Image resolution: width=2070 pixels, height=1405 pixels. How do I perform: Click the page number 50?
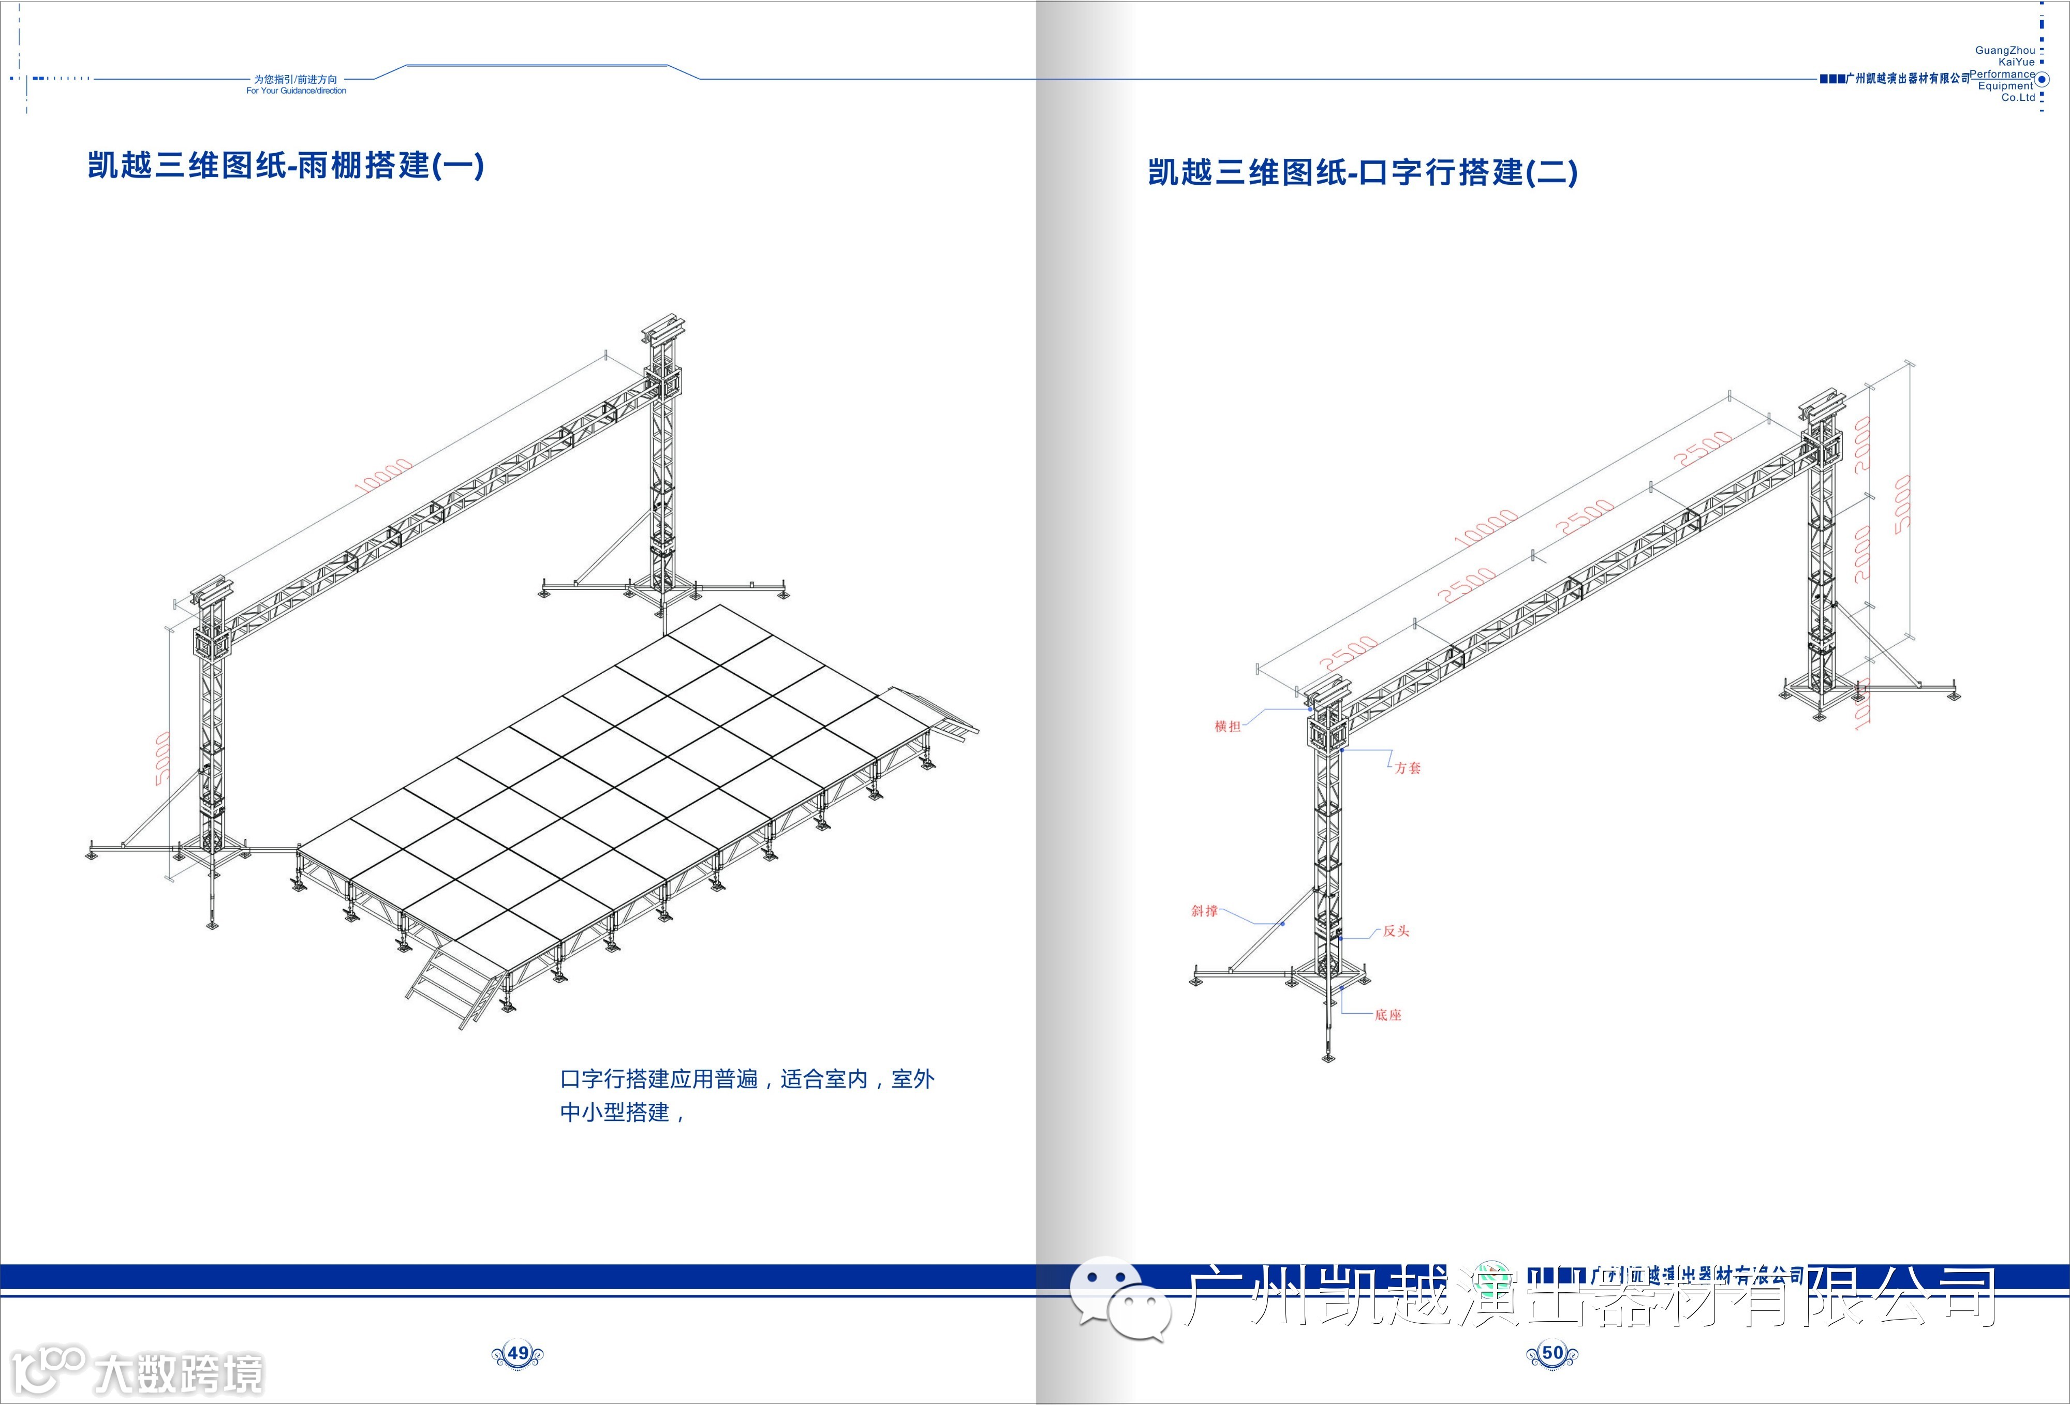click(1552, 1353)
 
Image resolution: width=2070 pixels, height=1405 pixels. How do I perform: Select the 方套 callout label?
click(1408, 768)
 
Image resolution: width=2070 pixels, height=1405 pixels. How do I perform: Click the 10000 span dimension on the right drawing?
click(1486, 528)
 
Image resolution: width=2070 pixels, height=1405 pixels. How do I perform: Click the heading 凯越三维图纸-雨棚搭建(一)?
click(286, 166)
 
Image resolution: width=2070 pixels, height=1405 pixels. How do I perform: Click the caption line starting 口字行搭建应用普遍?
click(746, 1080)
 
